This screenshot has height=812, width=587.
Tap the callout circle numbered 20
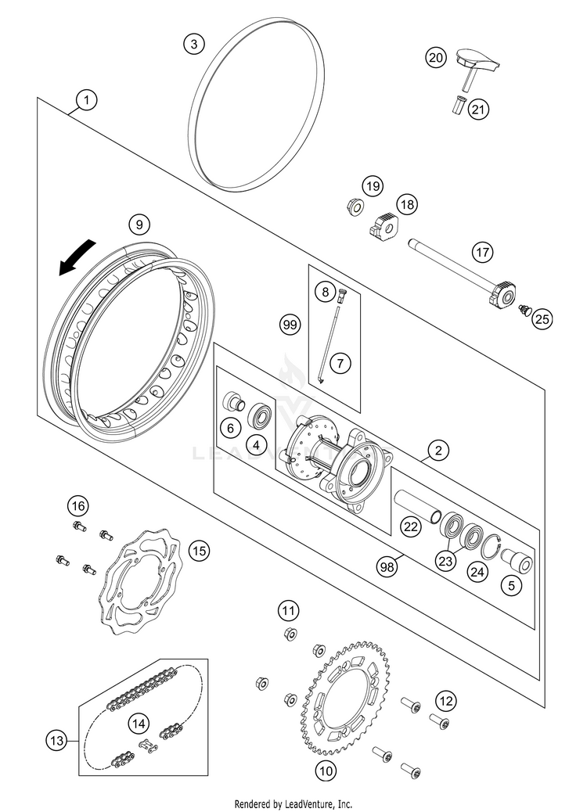[435, 57]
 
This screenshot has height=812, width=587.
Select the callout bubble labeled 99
[291, 325]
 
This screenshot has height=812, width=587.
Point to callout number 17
[482, 253]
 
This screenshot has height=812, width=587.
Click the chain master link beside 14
[147, 745]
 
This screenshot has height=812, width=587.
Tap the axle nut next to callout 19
[353, 207]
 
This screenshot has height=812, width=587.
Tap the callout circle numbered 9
[139, 225]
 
